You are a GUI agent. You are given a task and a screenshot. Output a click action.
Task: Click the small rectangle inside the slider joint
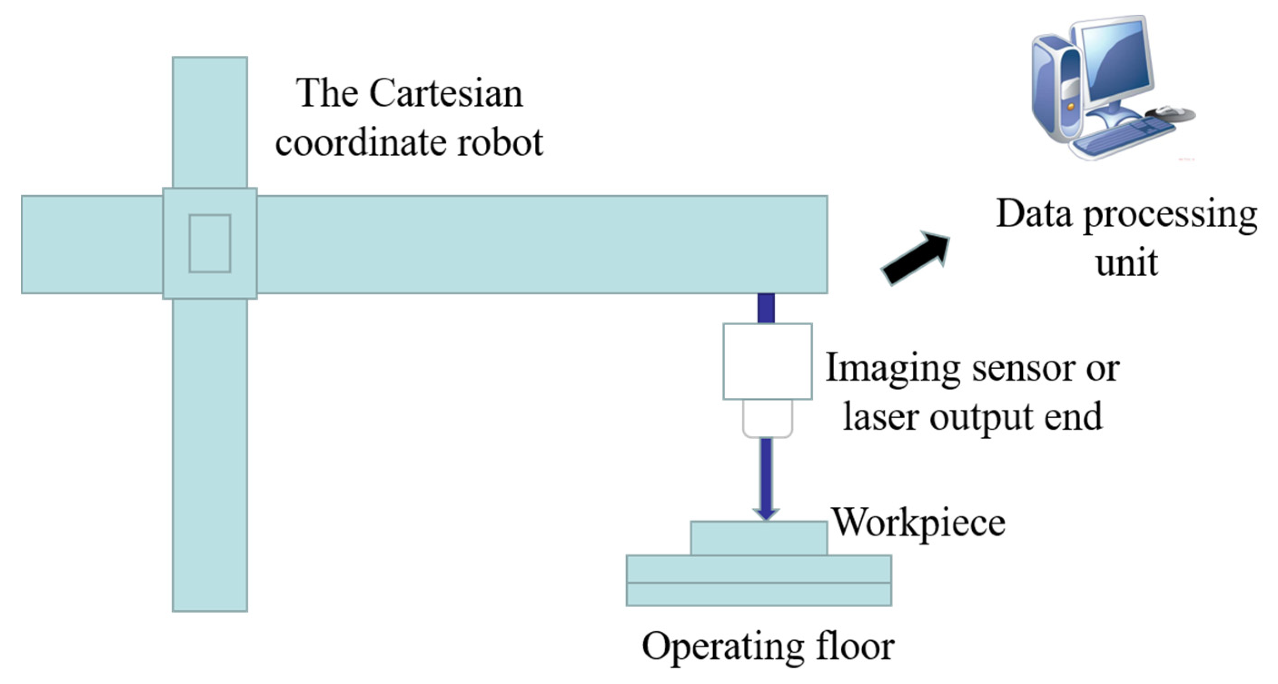point(209,243)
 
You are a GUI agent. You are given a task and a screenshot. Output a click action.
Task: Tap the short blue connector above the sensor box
point(766,308)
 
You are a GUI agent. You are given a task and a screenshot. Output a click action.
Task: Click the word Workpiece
point(918,523)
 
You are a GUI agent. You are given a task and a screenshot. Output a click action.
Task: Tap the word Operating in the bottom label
point(722,646)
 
